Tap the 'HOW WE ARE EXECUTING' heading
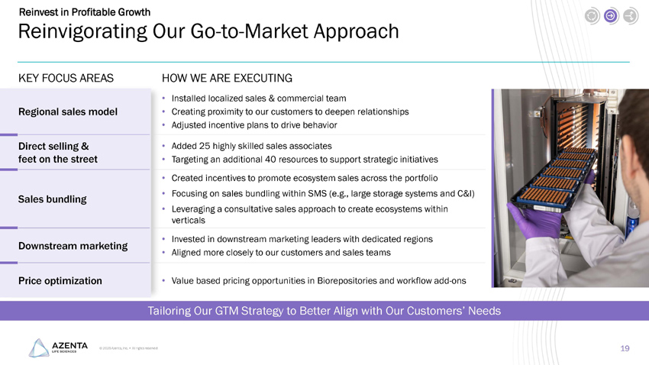point(227,78)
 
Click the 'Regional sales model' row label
point(68,112)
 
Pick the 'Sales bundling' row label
point(52,199)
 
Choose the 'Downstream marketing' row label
point(73,246)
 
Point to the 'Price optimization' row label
point(60,281)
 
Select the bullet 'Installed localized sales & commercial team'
point(259,99)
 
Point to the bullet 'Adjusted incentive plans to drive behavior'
point(254,124)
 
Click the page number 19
point(625,348)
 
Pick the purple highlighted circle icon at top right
point(611,15)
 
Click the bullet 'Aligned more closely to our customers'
point(281,252)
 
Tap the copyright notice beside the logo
point(128,350)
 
